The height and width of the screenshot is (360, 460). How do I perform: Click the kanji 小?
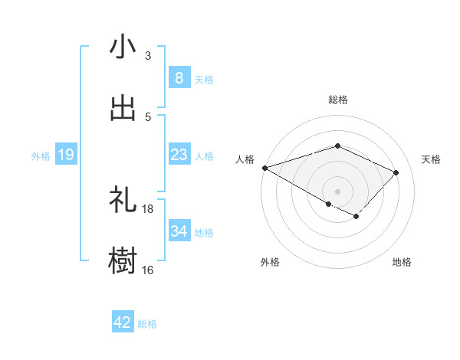(x=123, y=47)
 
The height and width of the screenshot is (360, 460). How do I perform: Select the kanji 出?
(x=123, y=109)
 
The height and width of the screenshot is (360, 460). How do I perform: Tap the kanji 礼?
(x=123, y=201)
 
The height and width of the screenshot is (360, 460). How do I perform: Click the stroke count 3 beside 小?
(x=148, y=56)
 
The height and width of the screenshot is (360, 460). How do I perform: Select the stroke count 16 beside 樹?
(x=148, y=270)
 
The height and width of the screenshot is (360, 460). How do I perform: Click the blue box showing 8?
(x=179, y=78)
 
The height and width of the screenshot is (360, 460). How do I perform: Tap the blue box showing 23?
(x=179, y=155)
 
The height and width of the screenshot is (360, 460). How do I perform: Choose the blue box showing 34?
(x=179, y=231)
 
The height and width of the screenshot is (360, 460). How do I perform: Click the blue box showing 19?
(x=65, y=155)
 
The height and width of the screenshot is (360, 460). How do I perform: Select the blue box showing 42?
(x=123, y=322)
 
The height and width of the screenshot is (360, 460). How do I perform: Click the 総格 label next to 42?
(x=147, y=324)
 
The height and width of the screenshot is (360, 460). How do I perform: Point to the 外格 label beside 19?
(x=41, y=156)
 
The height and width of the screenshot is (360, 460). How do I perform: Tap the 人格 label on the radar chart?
(x=245, y=159)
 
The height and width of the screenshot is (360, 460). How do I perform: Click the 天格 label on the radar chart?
(x=431, y=159)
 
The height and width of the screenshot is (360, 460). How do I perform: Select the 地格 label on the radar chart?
(x=402, y=262)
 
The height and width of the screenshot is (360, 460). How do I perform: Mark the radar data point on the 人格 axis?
(x=264, y=168)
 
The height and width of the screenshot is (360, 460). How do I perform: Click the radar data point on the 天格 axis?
(x=396, y=172)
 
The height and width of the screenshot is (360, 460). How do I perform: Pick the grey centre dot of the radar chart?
(x=337, y=191)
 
